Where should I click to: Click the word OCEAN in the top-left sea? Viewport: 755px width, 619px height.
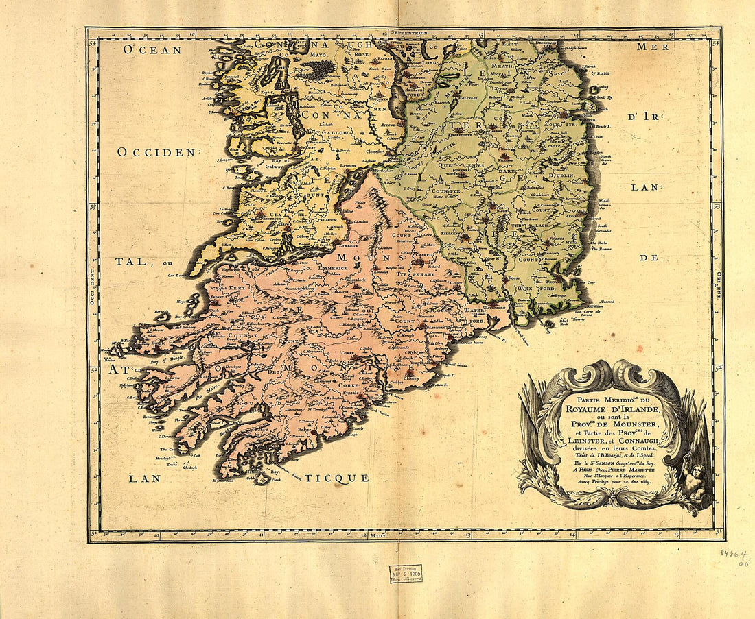pos(152,49)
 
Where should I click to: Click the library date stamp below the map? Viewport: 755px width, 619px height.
pos(406,574)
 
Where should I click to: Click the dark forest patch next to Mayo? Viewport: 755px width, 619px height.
pos(317,69)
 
